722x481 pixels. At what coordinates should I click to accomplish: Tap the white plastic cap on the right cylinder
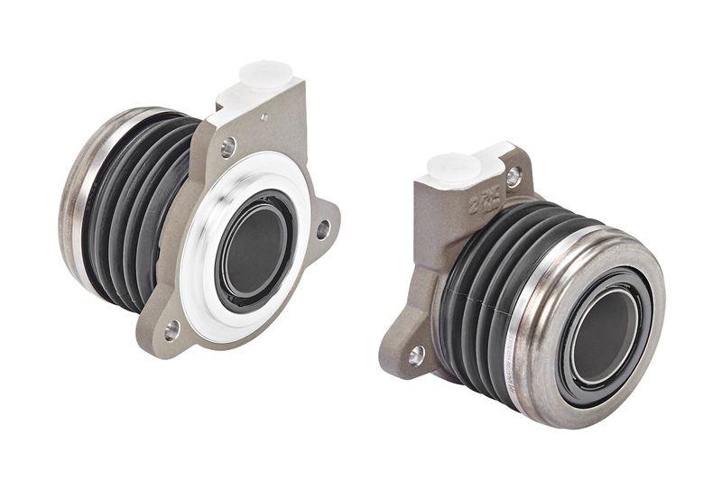[x=453, y=169]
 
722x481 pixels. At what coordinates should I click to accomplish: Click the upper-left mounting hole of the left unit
[x=227, y=144]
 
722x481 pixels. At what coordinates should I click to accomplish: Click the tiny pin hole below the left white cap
[x=264, y=116]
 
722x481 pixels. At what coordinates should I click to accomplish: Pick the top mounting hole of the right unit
[x=513, y=177]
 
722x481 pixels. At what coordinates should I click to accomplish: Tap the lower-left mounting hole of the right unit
[x=416, y=355]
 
